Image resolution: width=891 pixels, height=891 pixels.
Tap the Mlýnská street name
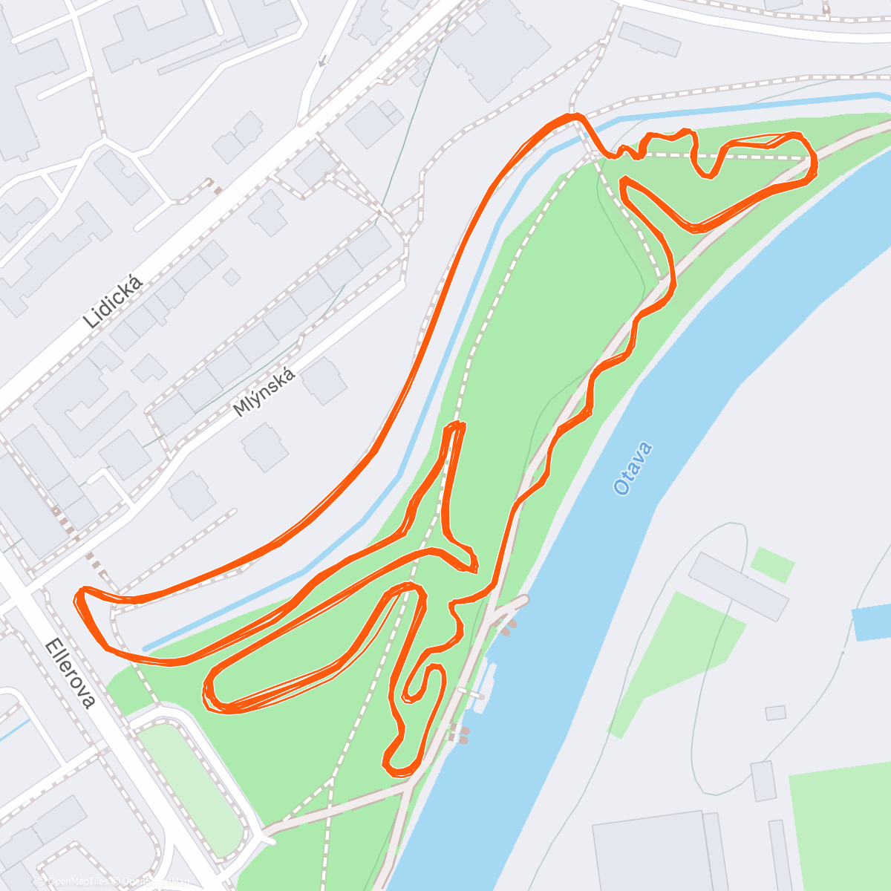pos(264,391)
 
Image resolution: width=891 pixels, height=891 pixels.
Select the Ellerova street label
pos(71,673)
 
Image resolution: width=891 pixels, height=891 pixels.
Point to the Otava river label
pos(633,469)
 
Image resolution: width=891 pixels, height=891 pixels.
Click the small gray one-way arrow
pos(322,62)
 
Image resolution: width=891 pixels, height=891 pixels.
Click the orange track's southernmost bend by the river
pos(399,768)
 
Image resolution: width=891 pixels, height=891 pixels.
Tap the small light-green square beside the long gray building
pos(772,564)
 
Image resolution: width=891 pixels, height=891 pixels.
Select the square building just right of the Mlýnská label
pos(324,381)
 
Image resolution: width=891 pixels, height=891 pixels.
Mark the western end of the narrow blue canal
pos(146,648)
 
